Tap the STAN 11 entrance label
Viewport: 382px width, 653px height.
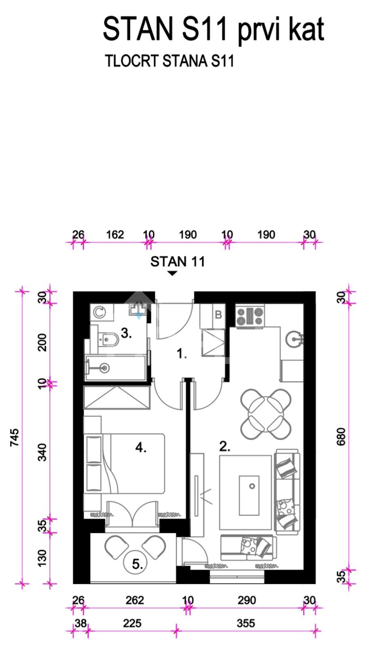(177, 261)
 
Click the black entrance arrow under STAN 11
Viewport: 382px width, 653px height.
(173, 273)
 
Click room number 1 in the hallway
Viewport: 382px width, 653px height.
(182, 354)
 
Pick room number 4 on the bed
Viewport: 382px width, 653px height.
(141, 447)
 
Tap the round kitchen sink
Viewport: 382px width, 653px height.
(294, 339)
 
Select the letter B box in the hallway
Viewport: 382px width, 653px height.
(218, 314)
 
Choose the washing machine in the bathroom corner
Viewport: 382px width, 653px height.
(99, 312)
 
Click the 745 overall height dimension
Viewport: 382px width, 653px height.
(15, 437)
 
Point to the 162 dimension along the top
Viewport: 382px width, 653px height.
(115, 235)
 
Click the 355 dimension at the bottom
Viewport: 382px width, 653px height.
(246, 623)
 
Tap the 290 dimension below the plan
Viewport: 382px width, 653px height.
(247, 600)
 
